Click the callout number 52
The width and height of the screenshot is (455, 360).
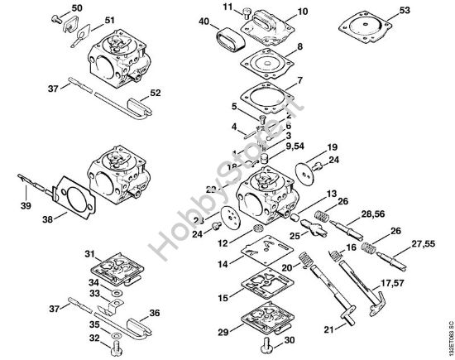pyautogui.click(x=155, y=94)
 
